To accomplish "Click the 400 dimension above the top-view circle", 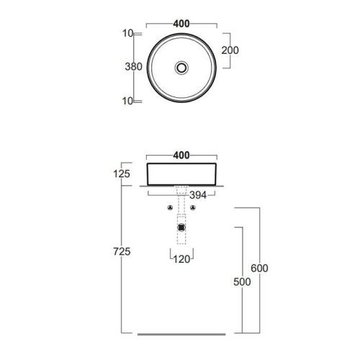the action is click(181, 24).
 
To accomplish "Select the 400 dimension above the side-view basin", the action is click(181, 156).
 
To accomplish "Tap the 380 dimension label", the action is click(134, 66).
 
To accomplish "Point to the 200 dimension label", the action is click(230, 50).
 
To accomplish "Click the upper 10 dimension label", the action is click(128, 33).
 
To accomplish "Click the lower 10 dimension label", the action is click(128, 101).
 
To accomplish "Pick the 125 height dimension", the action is click(122, 174).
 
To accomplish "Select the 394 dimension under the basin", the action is click(198, 195).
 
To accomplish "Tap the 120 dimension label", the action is click(181, 259).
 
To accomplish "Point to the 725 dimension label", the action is click(122, 251).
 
